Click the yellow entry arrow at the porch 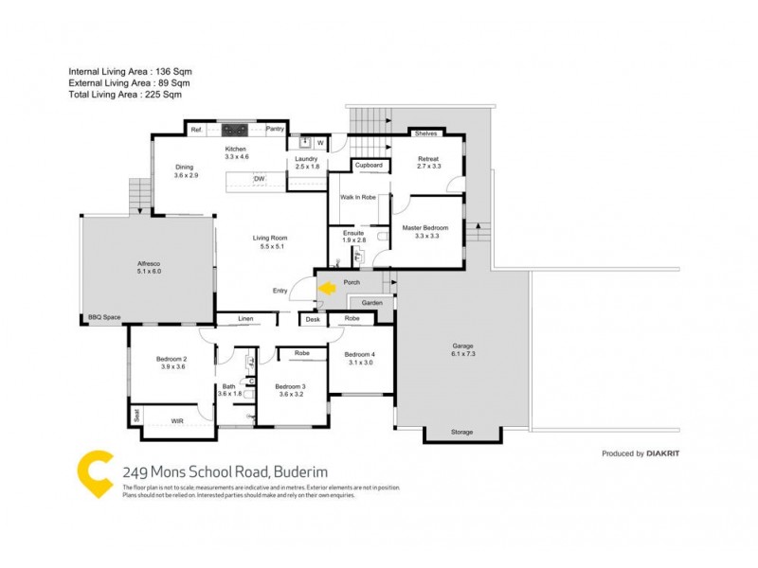328,287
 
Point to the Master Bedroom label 424,227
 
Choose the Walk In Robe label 358,198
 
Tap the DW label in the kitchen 258,179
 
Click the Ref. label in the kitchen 197,130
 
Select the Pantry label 276,130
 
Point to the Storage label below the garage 461,433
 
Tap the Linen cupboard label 245,319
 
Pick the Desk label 313,320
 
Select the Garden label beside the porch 371,303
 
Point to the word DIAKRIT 663,453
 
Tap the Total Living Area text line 124,95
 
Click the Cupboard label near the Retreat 369,165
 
